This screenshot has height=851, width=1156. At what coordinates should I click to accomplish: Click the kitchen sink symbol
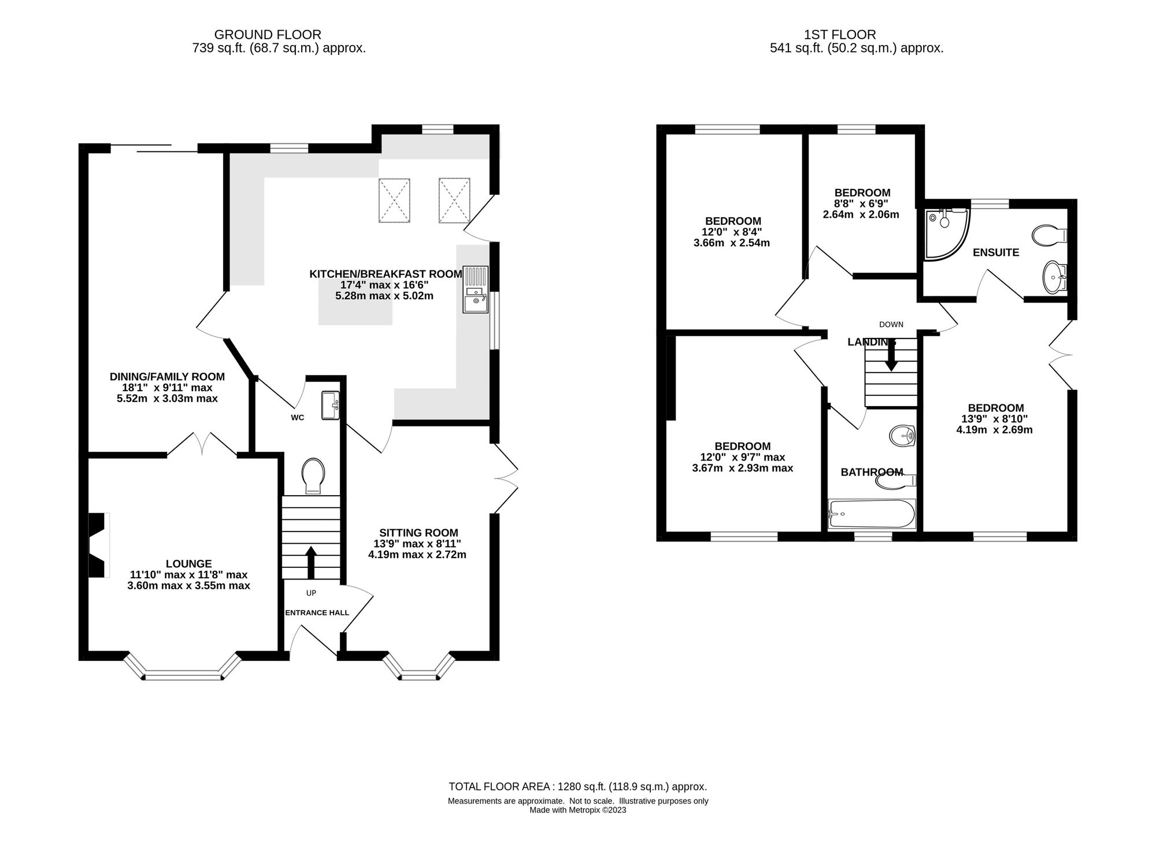click(475, 289)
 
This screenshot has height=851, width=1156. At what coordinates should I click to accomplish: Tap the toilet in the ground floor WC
click(313, 476)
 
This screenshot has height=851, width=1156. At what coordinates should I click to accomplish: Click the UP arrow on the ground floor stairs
click(311, 562)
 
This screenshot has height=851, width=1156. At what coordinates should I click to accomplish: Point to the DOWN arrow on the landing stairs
click(891, 354)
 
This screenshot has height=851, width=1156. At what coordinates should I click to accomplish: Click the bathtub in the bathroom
click(872, 514)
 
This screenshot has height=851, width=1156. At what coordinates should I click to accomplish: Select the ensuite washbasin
click(1055, 277)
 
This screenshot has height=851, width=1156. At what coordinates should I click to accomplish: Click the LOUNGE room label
click(188, 564)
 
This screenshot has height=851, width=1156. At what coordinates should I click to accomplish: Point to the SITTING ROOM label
click(418, 533)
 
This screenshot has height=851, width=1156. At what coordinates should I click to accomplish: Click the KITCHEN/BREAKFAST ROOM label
click(386, 274)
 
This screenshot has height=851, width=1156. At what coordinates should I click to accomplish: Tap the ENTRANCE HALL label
click(317, 612)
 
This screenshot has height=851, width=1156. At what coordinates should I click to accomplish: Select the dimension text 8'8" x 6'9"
click(861, 203)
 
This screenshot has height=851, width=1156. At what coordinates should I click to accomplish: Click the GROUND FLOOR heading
click(268, 35)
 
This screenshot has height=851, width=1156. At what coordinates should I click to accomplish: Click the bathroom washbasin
click(901, 436)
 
